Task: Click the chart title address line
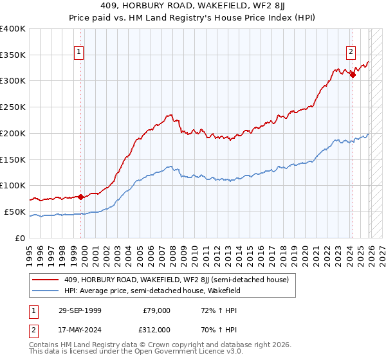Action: (193, 7)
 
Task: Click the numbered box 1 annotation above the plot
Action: (78, 53)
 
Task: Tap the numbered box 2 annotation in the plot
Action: (351, 53)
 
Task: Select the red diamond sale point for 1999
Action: (81, 197)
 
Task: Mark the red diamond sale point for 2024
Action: (353, 75)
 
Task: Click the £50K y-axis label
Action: (14, 212)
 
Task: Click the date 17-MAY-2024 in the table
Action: (78, 329)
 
